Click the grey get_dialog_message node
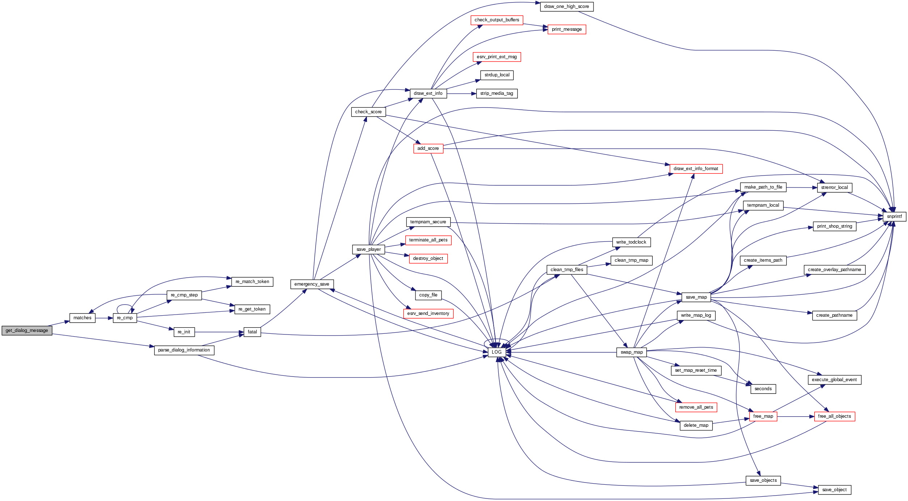[27, 331]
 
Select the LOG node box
[497, 352]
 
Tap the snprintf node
[894, 216]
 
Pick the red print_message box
[566, 29]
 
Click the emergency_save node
[312, 284]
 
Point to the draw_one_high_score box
[566, 7]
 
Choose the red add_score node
[428, 148]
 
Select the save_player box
[368, 249]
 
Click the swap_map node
[632, 352]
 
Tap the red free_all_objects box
[834, 416]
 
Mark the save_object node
[834, 490]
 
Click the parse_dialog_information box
[184, 350]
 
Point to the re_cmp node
[124, 318]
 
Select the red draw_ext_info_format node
[696, 169]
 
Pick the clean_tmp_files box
[566, 270]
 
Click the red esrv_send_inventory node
[428, 313]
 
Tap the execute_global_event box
[834, 380]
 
